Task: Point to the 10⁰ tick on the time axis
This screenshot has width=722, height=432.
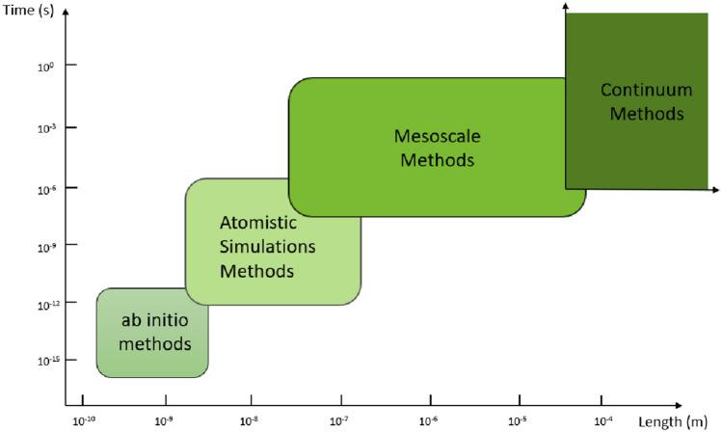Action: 44,66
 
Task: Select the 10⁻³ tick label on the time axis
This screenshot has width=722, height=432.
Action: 44,127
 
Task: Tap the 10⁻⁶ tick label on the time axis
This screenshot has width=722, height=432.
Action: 44,189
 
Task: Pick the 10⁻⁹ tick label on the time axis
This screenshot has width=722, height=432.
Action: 44,247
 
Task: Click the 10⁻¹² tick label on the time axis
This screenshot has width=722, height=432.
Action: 43,304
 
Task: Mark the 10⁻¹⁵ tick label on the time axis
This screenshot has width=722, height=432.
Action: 43,360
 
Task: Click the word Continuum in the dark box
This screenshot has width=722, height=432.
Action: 646,91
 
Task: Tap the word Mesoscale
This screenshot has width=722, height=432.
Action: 437,136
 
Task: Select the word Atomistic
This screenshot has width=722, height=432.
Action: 258,221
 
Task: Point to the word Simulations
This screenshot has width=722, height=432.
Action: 267,246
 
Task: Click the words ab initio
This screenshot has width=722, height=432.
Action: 153,320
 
